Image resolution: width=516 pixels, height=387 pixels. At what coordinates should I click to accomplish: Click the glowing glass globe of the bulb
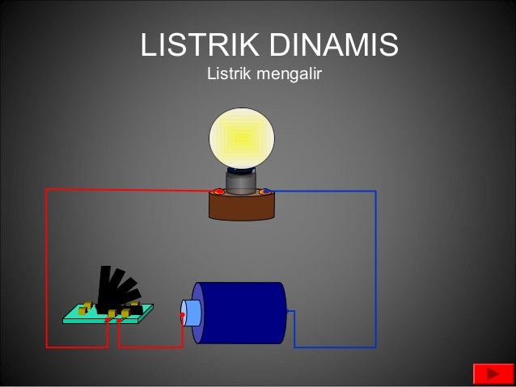coord(241,138)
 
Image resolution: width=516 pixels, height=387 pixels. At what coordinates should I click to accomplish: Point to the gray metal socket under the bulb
coord(241,183)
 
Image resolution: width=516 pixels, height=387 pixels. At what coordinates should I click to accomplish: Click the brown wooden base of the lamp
coord(241,208)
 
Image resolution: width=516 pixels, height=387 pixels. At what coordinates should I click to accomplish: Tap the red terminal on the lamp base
coord(218,191)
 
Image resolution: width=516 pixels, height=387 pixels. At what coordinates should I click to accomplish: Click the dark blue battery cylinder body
coord(243,313)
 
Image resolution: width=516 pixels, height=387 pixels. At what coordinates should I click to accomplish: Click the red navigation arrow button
coord(490,374)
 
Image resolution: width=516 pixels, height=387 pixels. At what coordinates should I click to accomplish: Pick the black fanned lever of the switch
coord(113,288)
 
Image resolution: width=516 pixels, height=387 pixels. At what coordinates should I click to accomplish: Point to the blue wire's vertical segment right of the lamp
coord(375,267)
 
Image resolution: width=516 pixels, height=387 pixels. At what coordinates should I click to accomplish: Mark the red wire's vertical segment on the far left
coord(46,267)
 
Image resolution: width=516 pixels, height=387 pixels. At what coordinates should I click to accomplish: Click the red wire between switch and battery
coord(150,347)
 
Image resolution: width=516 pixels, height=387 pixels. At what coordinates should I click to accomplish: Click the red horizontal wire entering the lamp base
coord(129,190)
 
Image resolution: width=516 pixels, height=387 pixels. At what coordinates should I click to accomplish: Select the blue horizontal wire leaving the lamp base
coord(324,191)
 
